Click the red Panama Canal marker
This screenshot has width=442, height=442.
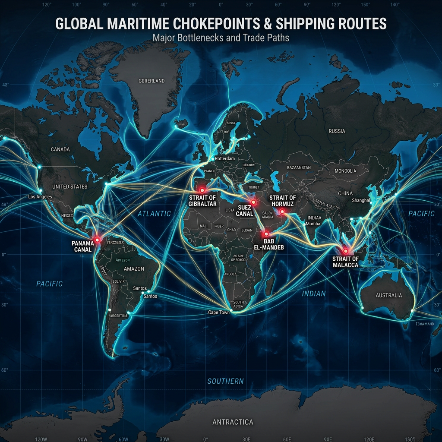click(x=97, y=240)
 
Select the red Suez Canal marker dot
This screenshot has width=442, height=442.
click(x=253, y=202)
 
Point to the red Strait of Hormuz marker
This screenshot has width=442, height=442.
click(x=282, y=211)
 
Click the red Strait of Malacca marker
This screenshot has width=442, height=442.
click(x=345, y=251)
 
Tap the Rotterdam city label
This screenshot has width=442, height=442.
click(x=225, y=159)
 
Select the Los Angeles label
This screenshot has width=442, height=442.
click(x=40, y=197)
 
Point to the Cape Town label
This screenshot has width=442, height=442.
click(x=219, y=312)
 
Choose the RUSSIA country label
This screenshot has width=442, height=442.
click(x=337, y=131)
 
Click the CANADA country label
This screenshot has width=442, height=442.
click(x=60, y=149)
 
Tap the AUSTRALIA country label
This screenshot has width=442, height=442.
click(x=388, y=295)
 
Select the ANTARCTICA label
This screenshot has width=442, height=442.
click(x=233, y=422)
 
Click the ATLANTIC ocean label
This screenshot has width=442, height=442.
click(x=154, y=213)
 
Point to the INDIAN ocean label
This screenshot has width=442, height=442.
click(x=313, y=294)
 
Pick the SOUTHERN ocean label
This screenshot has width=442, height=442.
click(x=225, y=381)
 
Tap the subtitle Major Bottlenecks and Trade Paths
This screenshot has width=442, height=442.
click(x=221, y=38)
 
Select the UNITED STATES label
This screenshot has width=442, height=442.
click(x=69, y=186)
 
